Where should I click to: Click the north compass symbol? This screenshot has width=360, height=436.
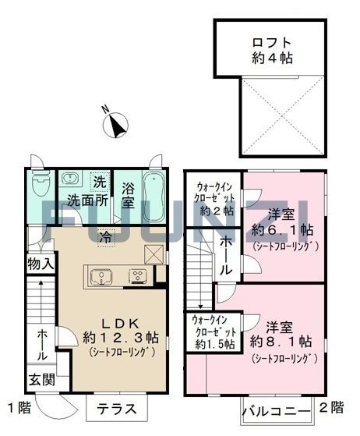coord(115,125)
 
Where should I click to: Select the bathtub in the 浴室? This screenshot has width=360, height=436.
coord(154,197)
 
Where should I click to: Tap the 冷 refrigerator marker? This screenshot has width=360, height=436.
coord(107,238)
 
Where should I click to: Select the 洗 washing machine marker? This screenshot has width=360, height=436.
coord(100,182)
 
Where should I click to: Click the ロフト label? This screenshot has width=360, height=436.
coord(272,43)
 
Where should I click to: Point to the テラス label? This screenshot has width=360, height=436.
coord(117,409)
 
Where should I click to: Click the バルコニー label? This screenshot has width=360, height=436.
coord(277,411)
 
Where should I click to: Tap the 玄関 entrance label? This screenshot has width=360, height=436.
coord(42,380)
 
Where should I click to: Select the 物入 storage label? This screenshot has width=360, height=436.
coord(41,264)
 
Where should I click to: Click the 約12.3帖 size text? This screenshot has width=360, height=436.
coord(121,337)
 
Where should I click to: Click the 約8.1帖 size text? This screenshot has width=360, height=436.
coord(281,342)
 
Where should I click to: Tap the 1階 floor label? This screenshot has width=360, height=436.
coord(19,408)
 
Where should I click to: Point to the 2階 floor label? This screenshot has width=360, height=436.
coord(331,407)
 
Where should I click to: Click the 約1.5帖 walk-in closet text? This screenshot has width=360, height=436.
coord(215,345)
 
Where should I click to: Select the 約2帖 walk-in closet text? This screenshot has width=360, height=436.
coord(217,211)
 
